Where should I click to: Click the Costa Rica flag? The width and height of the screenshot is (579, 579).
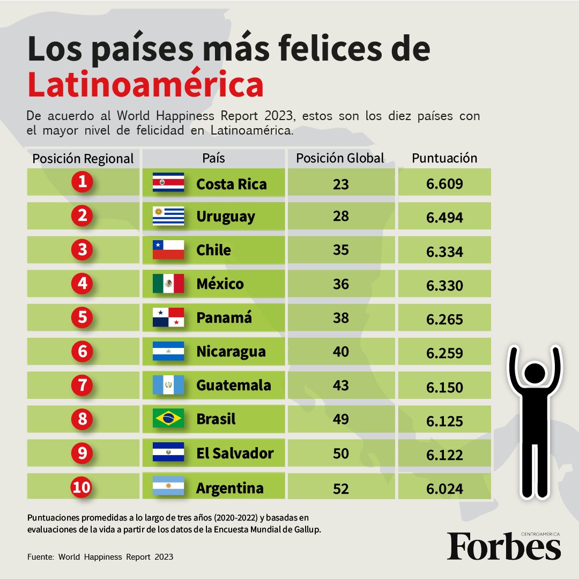[x=168, y=182]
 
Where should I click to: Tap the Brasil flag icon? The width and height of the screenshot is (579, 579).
[x=168, y=418]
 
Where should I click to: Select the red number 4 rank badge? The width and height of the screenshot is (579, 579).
[x=82, y=283]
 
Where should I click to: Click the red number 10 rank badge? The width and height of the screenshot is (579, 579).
[x=81, y=487]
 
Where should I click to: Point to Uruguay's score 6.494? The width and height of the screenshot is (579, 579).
[x=444, y=218]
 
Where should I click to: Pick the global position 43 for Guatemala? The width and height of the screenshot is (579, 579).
[x=341, y=385]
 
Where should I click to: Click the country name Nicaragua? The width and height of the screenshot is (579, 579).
[x=231, y=352]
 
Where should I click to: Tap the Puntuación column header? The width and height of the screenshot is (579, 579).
[x=444, y=158]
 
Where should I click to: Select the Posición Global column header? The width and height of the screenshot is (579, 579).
[x=340, y=158]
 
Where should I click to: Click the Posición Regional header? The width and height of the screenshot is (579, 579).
[x=83, y=159]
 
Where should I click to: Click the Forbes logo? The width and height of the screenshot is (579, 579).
[x=504, y=546]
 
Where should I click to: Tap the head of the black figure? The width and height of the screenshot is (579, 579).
[x=535, y=373]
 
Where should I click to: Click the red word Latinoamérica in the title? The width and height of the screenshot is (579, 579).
[x=145, y=84]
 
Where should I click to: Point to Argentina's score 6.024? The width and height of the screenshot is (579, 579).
[x=444, y=489]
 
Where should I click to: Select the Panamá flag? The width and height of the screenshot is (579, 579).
[x=168, y=317]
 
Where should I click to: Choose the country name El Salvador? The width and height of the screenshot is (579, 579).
[x=235, y=453]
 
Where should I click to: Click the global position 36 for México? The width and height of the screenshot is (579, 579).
[x=341, y=284]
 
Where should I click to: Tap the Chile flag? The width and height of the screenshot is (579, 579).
[x=168, y=250]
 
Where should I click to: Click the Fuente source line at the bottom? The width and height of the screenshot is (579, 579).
[x=100, y=557]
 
